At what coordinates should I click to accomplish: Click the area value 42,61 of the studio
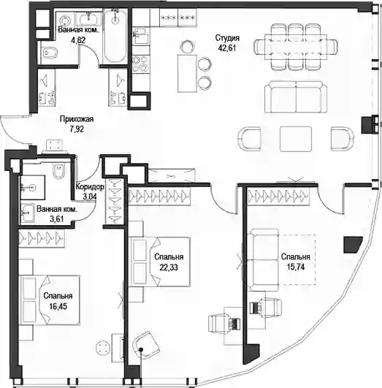[226, 47]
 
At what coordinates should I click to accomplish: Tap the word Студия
[227, 38]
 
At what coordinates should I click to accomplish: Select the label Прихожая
[77, 119]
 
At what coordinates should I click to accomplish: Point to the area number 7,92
[77, 129]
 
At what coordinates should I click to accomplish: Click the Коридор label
[90, 187]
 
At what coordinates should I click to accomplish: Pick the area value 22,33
[169, 267]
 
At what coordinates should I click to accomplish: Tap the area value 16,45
[58, 306]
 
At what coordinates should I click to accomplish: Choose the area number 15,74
[296, 267]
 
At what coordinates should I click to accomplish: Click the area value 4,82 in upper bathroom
[78, 40]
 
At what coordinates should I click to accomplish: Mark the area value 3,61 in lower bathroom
[57, 218]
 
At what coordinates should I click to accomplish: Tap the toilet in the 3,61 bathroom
[59, 170]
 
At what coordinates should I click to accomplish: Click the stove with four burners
[140, 64]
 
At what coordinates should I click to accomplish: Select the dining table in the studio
[295, 47]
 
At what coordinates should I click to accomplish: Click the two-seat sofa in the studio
[296, 97]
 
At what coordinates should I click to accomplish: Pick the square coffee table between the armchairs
[296, 139]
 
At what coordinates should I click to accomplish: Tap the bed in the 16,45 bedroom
[50, 300]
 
